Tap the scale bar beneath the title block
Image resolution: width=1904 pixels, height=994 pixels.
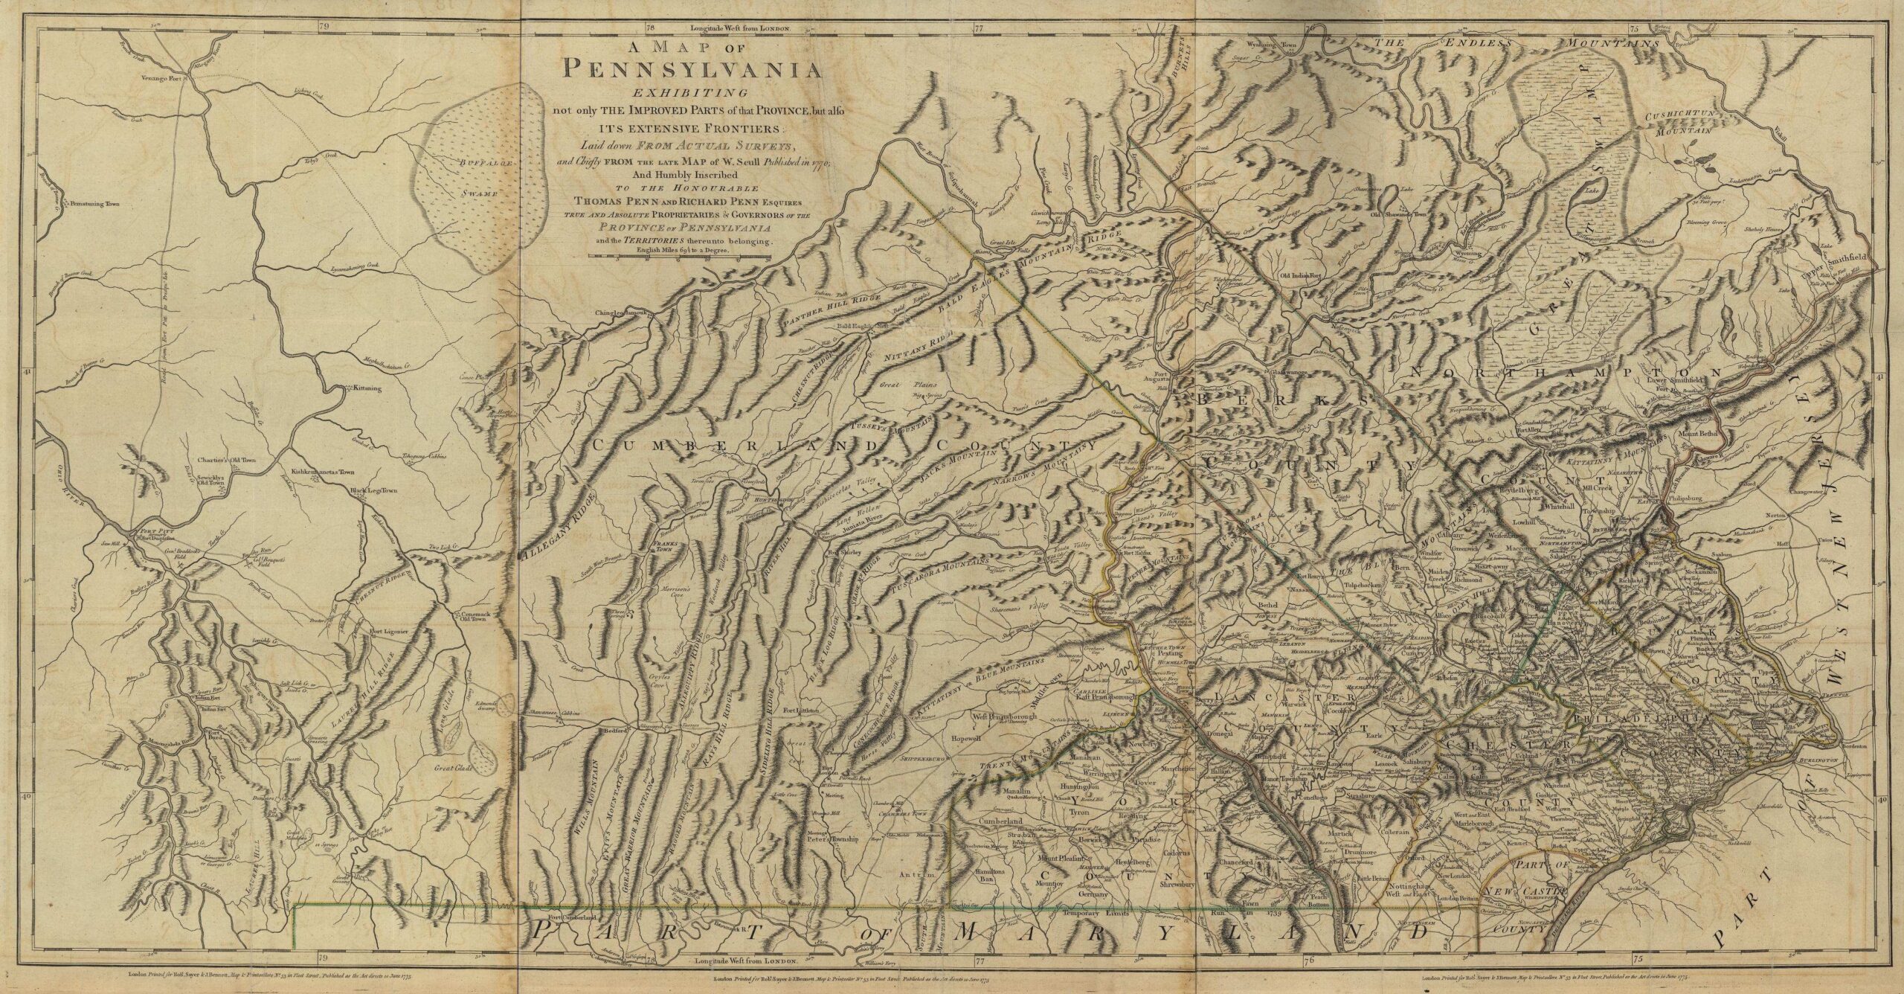pyautogui.click(x=680, y=257)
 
